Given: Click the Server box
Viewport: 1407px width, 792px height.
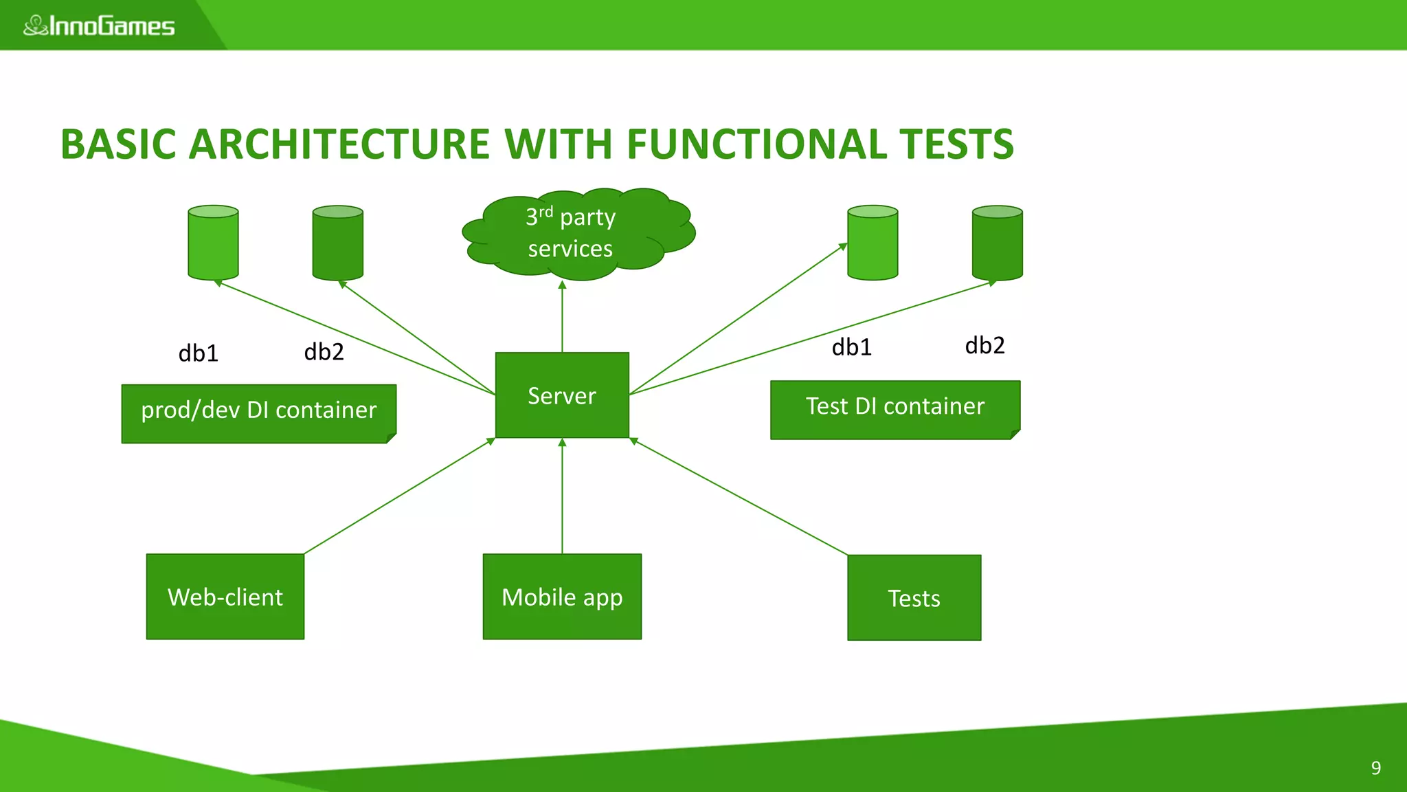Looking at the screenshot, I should point(562,395).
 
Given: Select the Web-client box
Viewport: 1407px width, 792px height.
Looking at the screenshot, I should point(225,597).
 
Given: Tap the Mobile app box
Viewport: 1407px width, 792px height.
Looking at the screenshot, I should point(562,597).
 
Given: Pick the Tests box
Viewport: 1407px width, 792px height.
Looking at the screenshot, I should point(914,597).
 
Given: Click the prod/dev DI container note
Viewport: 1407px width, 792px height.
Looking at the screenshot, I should point(258,413).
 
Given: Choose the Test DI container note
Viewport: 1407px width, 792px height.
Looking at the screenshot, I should point(894,409).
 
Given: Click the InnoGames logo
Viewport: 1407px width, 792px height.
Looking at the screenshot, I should point(100,26).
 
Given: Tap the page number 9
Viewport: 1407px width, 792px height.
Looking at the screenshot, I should point(1375,767).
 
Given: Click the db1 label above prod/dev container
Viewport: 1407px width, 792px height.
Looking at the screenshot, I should point(198,353).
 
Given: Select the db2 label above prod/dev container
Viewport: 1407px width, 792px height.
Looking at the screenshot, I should point(324,352).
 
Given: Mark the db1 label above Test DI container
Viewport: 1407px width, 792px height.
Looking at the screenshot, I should point(851,347).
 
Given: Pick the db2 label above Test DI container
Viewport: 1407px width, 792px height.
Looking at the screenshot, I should point(984,345).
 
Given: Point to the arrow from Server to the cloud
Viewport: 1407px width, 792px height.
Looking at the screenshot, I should point(562,316).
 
